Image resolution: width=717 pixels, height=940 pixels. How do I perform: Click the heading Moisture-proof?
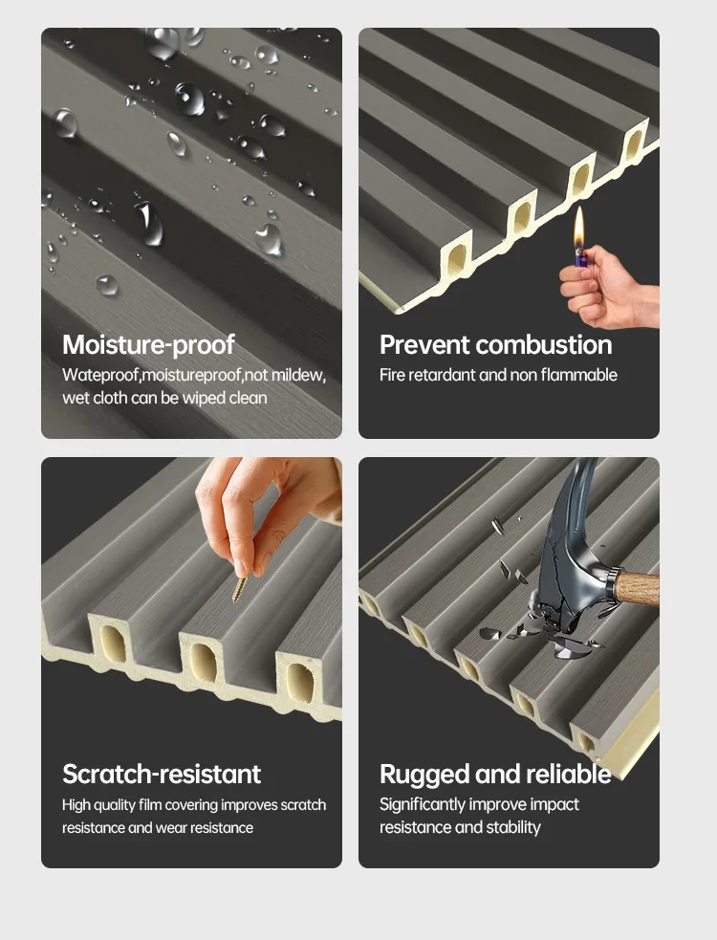148,344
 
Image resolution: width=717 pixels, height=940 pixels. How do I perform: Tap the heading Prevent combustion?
496,344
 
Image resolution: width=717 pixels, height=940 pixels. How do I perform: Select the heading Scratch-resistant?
162,774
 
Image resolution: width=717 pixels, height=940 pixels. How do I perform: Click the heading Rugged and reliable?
495,775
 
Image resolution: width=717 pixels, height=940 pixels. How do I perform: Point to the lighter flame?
578,228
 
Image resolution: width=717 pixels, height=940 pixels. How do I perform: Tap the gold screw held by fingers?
240,587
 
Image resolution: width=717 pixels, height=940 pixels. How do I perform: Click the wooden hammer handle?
637,587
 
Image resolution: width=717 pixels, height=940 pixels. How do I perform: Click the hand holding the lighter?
608,288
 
